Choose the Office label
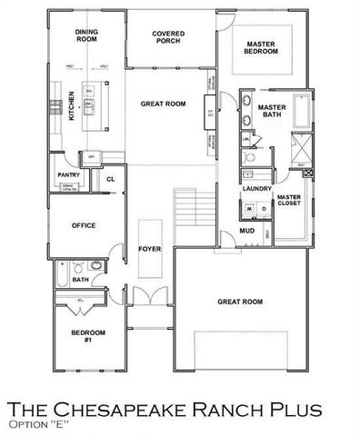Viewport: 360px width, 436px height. (85, 225)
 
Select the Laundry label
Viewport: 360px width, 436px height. (258, 189)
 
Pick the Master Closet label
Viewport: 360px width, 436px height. (289, 201)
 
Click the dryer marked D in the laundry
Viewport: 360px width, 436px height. (264, 208)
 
